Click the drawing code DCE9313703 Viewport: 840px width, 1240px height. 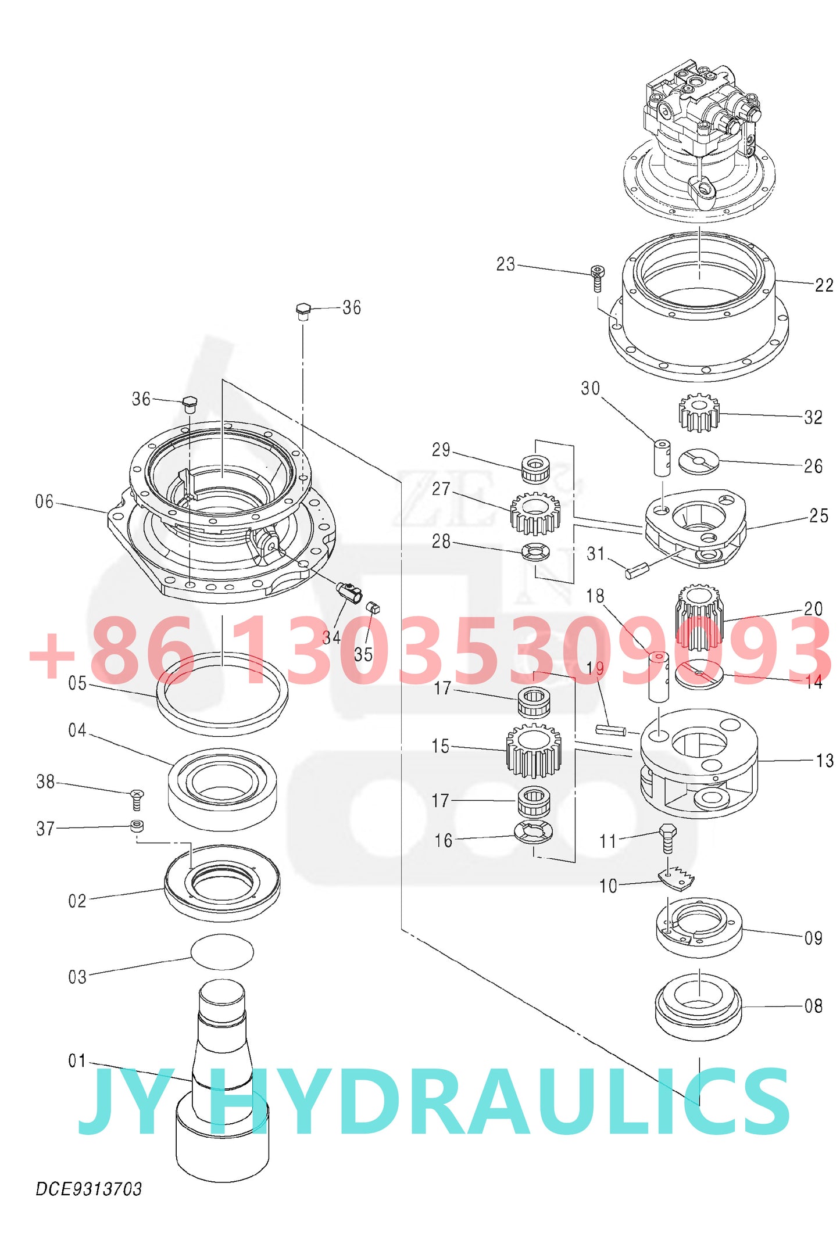(x=88, y=1189)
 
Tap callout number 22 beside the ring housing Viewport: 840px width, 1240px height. (x=824, y=285)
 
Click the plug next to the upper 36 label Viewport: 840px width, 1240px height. (x=302, y=311)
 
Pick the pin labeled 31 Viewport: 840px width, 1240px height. (x=635, y=571)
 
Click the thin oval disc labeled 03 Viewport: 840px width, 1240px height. (x=222, y=951)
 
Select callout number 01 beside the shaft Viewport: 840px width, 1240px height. (x=77, y=1060)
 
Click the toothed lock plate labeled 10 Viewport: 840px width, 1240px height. (x=677, y=879)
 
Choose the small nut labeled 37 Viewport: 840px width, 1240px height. (x=137, y=826)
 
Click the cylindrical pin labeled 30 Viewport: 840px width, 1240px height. (x=662, y=458)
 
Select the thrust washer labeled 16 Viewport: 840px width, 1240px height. (x=533, y=832)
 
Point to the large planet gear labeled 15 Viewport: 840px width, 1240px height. (x=534, y=751)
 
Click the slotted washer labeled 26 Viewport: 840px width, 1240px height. (x=699, y=461)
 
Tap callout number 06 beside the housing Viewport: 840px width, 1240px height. (x=44, y=501)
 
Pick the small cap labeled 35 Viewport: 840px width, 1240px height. (x=373, y=608)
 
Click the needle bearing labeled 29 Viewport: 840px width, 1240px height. (x=535, y=468)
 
